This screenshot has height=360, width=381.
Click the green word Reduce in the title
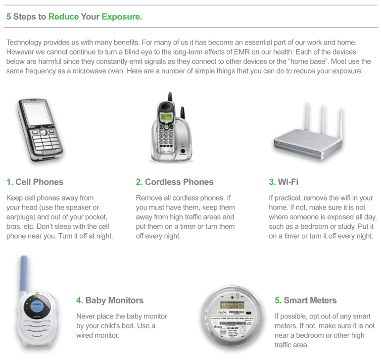64,16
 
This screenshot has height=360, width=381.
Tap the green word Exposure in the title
121,17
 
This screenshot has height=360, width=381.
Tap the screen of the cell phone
37,114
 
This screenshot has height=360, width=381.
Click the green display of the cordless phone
166,116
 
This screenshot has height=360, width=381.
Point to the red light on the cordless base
183,144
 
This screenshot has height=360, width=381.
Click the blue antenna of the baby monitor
24,274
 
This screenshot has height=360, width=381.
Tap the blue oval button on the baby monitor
37,307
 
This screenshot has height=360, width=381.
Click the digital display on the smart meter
232,305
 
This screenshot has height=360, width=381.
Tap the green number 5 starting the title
9,16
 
